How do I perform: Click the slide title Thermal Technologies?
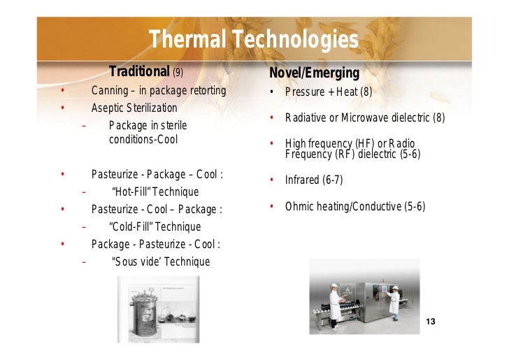point(253,41)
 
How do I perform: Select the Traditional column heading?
point(139,72)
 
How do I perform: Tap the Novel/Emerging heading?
point(314,73)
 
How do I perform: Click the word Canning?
point(110,91)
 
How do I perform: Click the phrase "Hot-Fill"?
point(134,192)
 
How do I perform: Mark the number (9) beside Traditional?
point(178,73)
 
